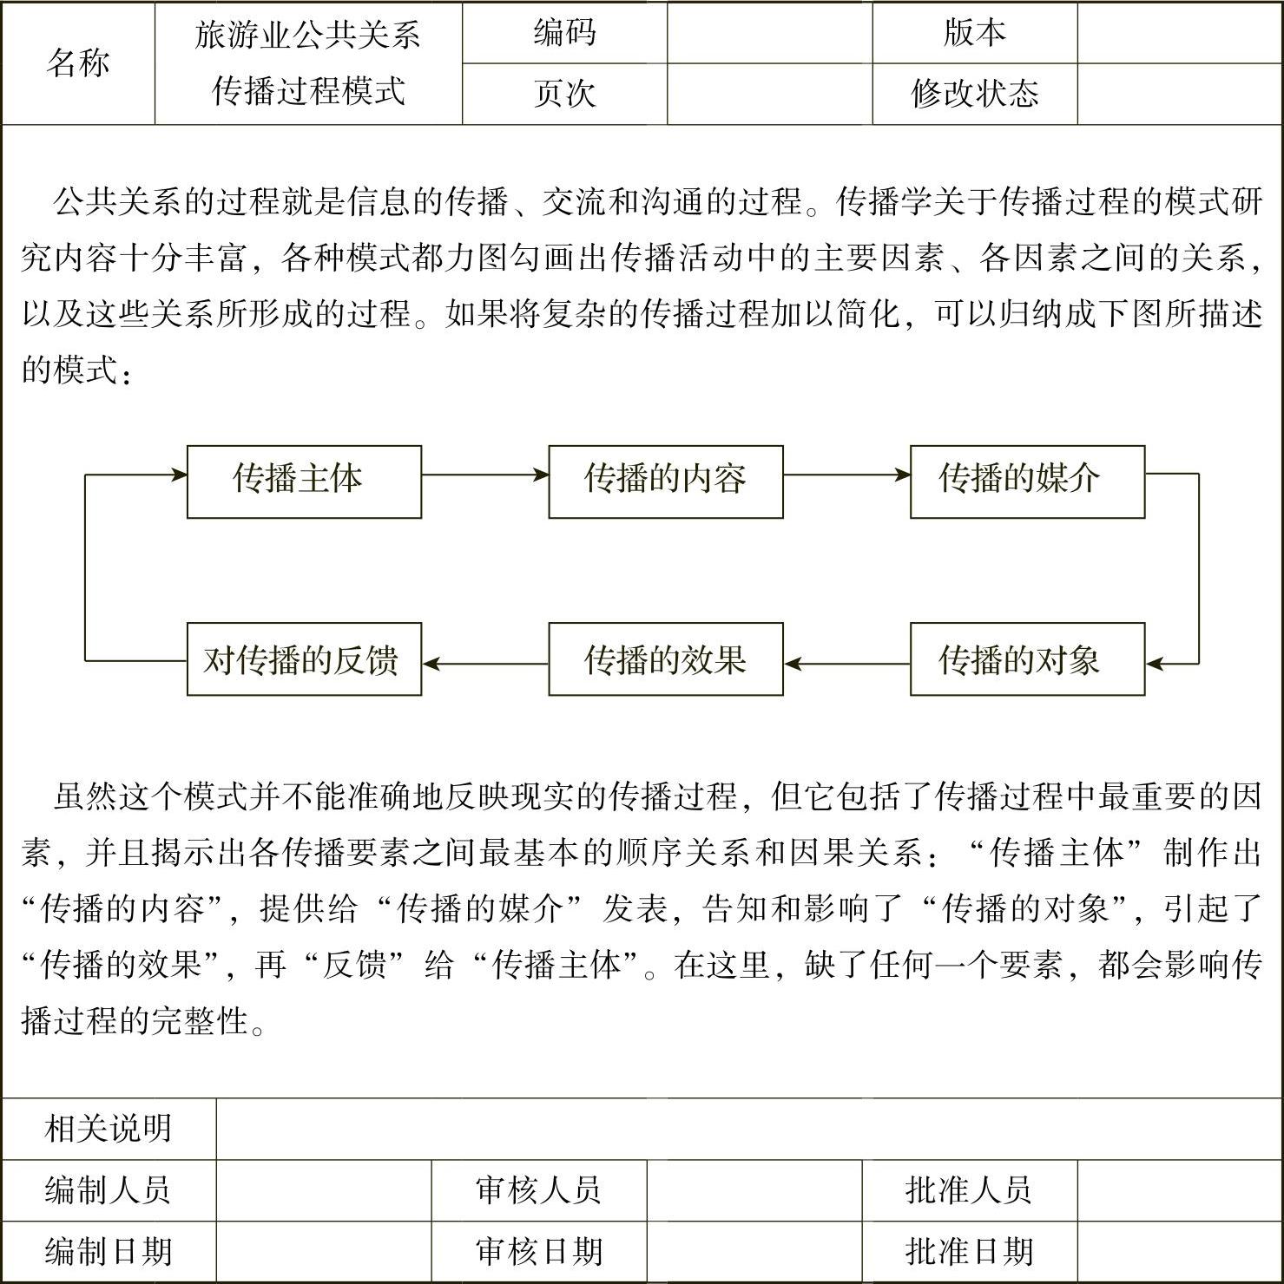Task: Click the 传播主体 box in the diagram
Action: [304, 481]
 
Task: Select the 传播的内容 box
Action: [665, 481]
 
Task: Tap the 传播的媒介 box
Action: [1027, 481]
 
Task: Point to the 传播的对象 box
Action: [1027, 659]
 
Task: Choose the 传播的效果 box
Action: [665, 659]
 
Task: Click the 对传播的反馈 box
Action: [304, 659]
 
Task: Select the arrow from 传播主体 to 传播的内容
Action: [484, 475]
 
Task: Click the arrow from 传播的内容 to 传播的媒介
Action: [846, 475]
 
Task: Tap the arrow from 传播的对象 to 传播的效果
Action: [846, 665]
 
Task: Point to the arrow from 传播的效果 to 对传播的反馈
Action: [484, 665]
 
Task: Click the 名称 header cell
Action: [78, 63]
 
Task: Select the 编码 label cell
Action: [564, 33]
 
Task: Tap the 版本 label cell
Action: [974, 33]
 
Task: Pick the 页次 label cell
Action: [564, 94]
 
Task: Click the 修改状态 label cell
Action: [974, 94]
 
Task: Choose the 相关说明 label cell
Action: [109, 1129]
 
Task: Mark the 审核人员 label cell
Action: [538, 1189]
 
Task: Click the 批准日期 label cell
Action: [969, 1251]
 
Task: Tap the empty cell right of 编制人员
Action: [323, 1189]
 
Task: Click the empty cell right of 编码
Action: [769, 33]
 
